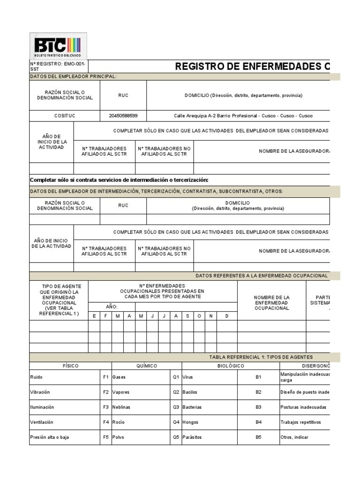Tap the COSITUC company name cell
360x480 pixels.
pos(65,116)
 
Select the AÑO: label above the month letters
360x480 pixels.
pos(112,306)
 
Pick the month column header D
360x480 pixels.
pos(227,316)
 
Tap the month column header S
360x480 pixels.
pos(187,316)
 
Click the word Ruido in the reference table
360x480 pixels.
pos(36,377)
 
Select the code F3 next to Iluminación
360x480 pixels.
pos(105,407)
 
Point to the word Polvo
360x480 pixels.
pos(118,437)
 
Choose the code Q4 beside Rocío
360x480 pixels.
pos(176,422)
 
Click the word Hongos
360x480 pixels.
pos(191,422)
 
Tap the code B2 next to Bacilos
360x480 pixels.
pos(258,392)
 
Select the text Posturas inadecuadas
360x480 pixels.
pos(303,407)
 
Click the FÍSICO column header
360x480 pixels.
pos(70,366)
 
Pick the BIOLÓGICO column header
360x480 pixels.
pos(231,366)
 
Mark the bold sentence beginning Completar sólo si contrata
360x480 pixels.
pos(119,180)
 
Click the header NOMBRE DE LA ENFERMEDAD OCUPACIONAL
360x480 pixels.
pos(271,303)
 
